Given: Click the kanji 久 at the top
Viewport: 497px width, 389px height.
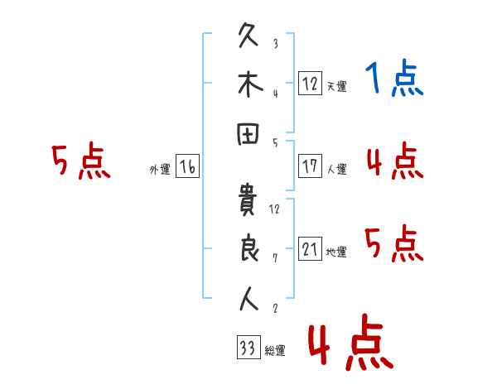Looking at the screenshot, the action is (x=248, y=35).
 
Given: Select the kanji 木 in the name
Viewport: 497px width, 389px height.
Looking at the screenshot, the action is (x=250, y=84).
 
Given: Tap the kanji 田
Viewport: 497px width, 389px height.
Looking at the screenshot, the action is (x=248, y=134).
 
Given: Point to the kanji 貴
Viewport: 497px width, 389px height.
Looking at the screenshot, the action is (x=247, y=199).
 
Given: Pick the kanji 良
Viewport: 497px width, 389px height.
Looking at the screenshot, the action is (x=249, y=248).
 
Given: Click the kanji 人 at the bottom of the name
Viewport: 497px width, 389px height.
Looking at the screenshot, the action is (x=248, y=299).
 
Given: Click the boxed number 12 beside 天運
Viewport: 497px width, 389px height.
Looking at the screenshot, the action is (x=310, y=83).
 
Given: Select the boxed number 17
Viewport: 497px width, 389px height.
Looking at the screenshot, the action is (x=310, y=166).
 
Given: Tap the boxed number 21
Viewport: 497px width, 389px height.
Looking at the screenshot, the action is (x=310, y=248).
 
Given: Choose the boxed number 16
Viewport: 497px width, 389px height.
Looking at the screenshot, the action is (x=187, y=166).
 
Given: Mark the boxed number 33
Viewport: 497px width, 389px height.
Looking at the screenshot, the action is (x=248, y=347).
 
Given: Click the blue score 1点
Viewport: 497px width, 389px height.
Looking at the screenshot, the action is (x=394, y=78).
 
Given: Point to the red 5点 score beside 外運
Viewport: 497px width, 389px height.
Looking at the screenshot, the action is (x=81, y=161).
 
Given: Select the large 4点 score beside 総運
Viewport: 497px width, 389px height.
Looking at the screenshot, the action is (x=351, y=342).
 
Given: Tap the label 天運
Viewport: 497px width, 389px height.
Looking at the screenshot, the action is (x=337, y=86).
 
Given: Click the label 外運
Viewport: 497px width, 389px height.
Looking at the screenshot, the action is (x=160, y=170).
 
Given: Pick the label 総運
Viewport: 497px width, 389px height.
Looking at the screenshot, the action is (x=275, y=350).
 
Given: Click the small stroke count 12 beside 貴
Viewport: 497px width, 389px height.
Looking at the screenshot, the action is (x=274, y=209).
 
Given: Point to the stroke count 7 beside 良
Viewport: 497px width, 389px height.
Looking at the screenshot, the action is (x=275, y=258).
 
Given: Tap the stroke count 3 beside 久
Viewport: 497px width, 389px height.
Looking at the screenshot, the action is (x=276, y=43).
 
